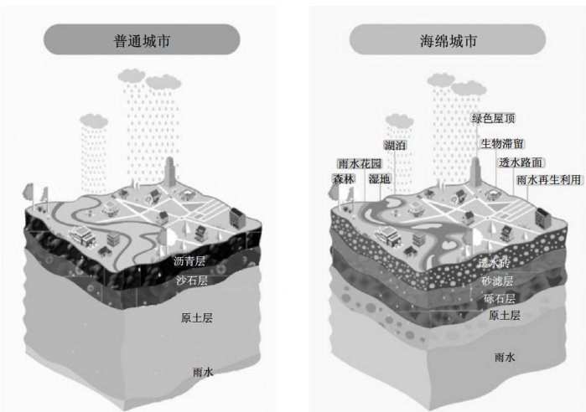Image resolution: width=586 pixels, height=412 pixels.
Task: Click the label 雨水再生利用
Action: click(548, 180)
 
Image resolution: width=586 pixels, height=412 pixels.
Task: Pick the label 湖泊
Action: click(396, 145)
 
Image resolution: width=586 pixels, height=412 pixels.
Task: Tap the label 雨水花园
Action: click(359, 163)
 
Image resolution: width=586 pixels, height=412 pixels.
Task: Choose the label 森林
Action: click(344, 179)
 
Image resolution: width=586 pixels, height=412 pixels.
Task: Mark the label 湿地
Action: click(379, 179)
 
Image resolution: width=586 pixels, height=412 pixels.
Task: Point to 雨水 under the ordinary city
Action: click(203, 371)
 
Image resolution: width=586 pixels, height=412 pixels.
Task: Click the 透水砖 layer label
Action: click(494, 262)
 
